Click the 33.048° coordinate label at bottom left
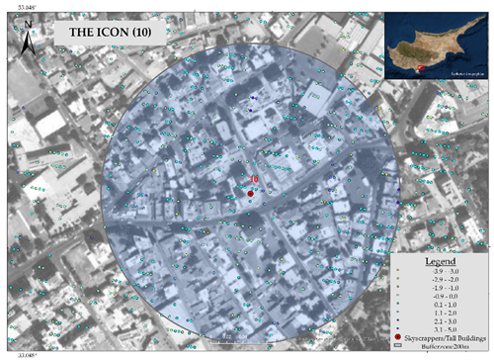pyautogui.click(x=21, y=353)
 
